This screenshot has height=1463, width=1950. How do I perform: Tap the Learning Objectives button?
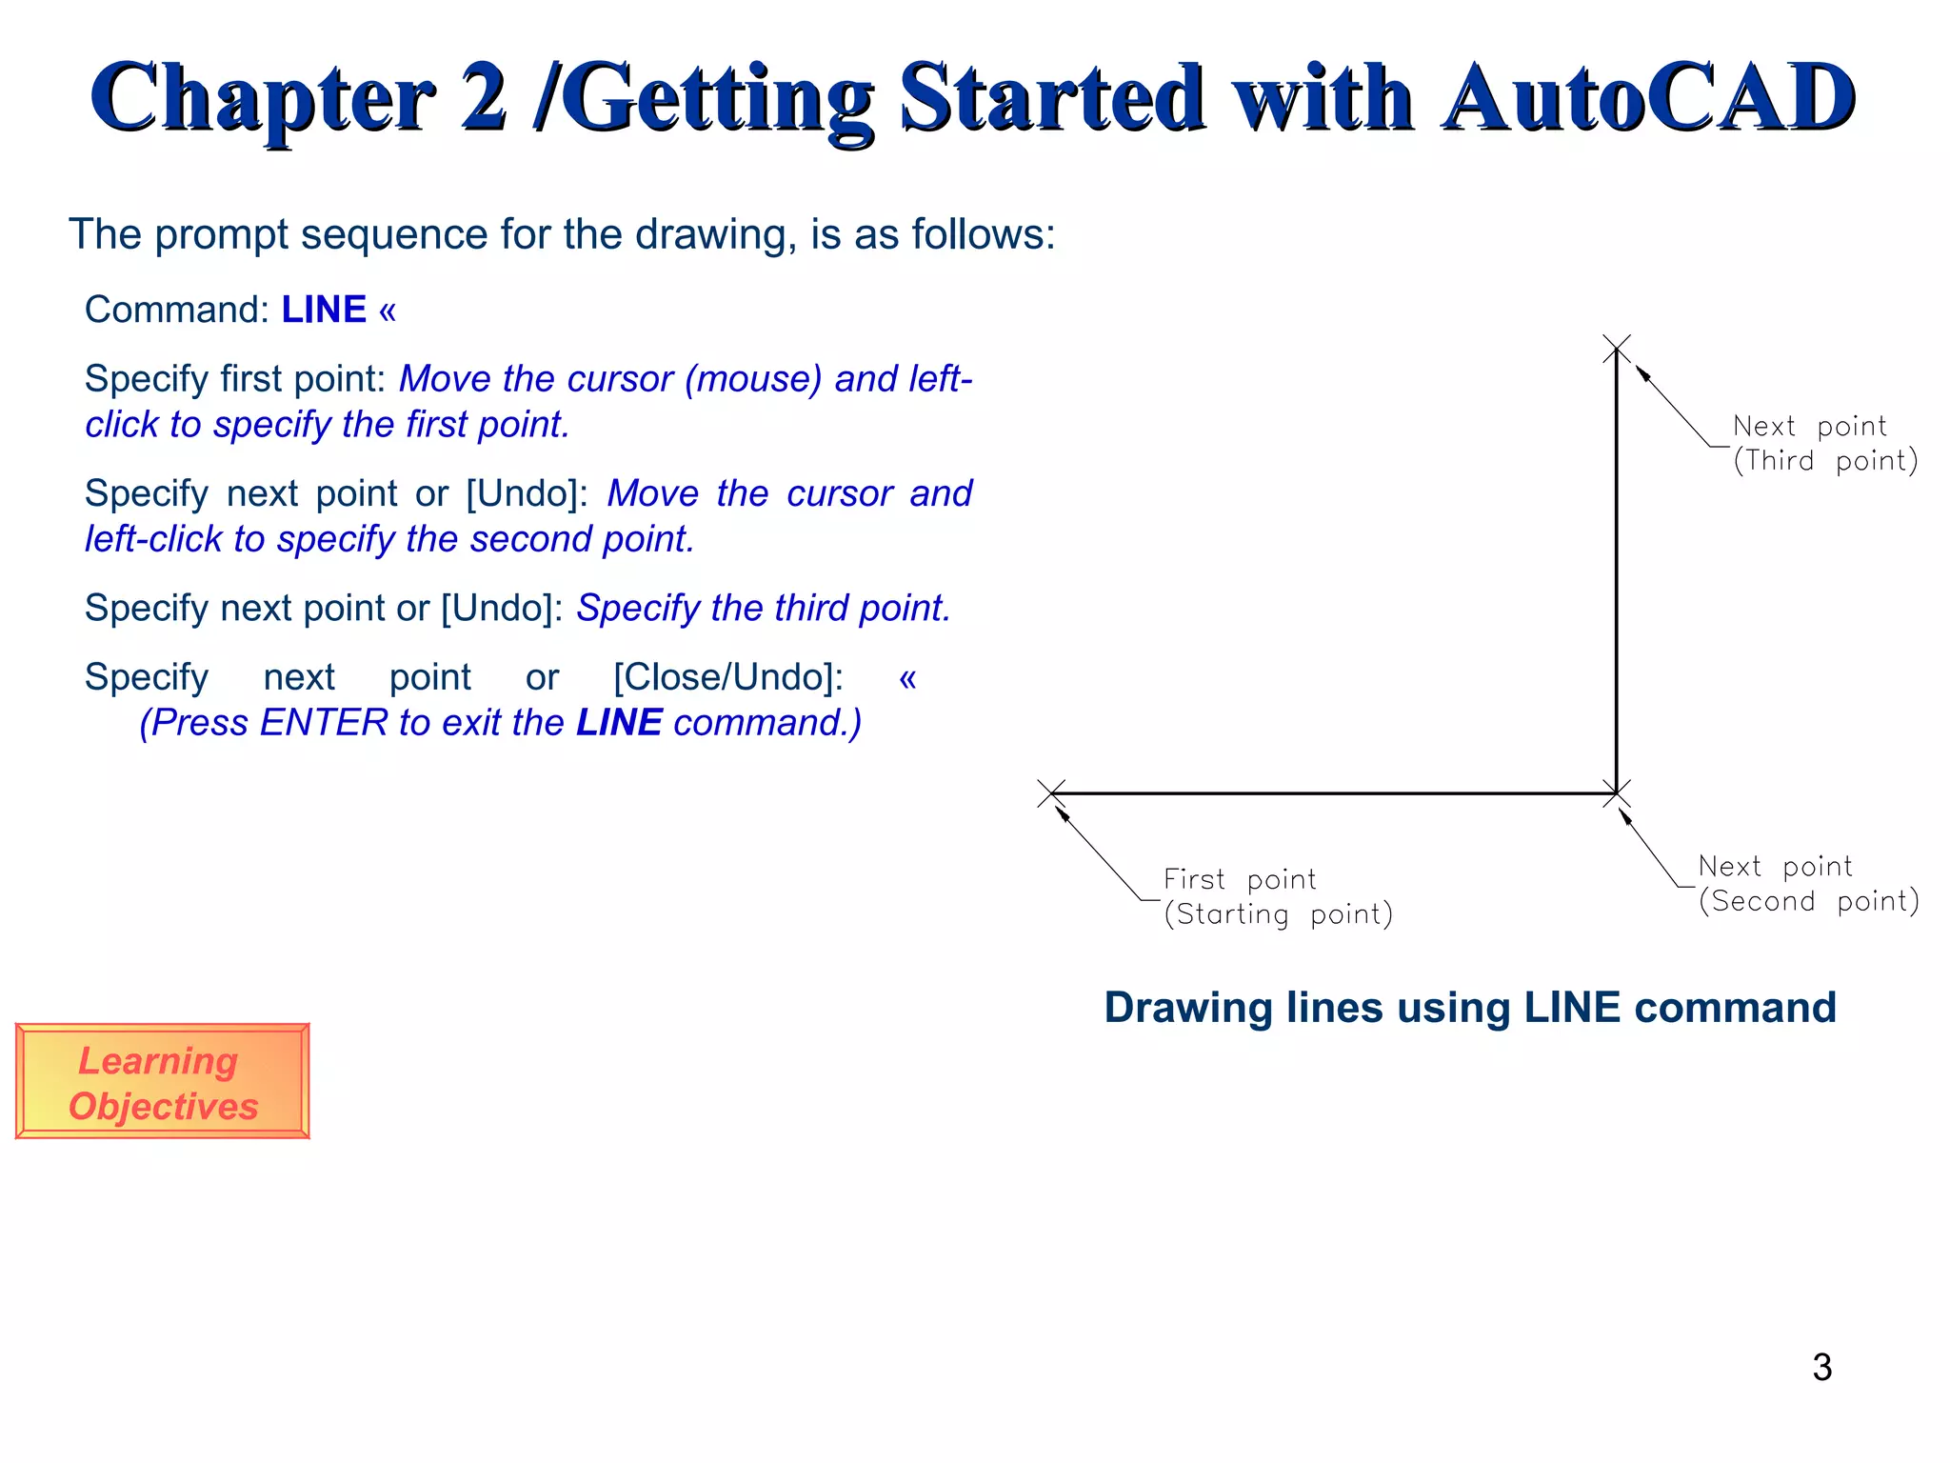click(x=163, y=1082)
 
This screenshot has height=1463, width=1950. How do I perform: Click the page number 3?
click(x=1821, y=1368)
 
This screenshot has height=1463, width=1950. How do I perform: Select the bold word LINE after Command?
click(x=324, y=311)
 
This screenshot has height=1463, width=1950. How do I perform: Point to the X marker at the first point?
click(x=1051, y=793)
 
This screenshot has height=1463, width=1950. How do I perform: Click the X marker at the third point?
click(x=1616, y=349)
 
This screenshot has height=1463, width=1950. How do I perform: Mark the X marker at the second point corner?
click(x=1616, y=793)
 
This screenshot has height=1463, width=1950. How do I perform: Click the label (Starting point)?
click(x=1278, y=914)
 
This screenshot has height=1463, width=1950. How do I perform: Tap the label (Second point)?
click(x=1808, y=901)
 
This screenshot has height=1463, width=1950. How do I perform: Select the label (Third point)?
click(x=1824, y=461)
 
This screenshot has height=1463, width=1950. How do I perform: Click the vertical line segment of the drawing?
click(x=1616, y=571)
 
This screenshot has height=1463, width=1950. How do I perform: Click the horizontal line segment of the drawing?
click(x=1333, y=793)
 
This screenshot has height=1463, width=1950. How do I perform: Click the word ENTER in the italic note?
click(x=324, y=723)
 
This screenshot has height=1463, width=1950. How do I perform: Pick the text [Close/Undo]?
click(x=728, y=678)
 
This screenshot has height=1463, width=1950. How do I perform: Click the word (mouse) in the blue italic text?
click(x=752, y=379)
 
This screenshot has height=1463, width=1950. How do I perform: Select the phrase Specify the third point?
click(x=764, y=609)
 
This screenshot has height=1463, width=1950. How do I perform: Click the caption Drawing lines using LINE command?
click(x=1469, y=1008)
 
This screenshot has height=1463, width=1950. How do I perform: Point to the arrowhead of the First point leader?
click(x=1062, y=812)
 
